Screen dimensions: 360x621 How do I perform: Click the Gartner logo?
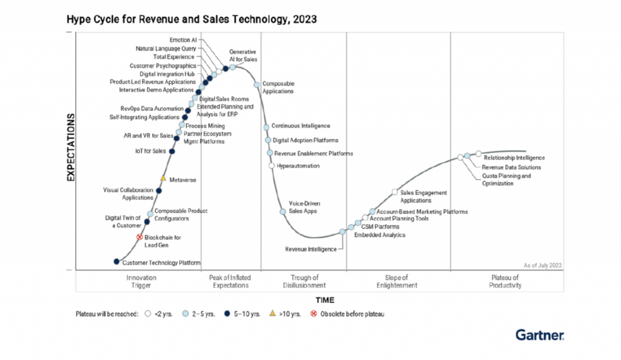540,335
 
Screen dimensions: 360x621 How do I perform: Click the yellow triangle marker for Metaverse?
163,179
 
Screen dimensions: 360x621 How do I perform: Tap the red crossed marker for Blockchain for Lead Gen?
139,238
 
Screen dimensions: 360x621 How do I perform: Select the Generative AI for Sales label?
243,55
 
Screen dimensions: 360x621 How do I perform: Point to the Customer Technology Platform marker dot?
117,261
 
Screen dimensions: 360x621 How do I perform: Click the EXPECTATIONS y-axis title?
70,147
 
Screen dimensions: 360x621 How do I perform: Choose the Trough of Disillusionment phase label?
304,281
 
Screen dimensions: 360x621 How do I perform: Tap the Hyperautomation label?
298,165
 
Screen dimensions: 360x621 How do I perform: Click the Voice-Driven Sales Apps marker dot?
283,212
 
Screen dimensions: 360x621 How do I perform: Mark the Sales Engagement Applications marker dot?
395,192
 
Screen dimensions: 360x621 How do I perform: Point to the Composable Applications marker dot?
257,84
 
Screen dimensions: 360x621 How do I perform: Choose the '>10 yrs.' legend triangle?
272,313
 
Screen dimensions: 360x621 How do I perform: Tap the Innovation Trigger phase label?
141,281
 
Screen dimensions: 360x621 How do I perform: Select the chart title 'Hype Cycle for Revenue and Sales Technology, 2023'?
192,20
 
